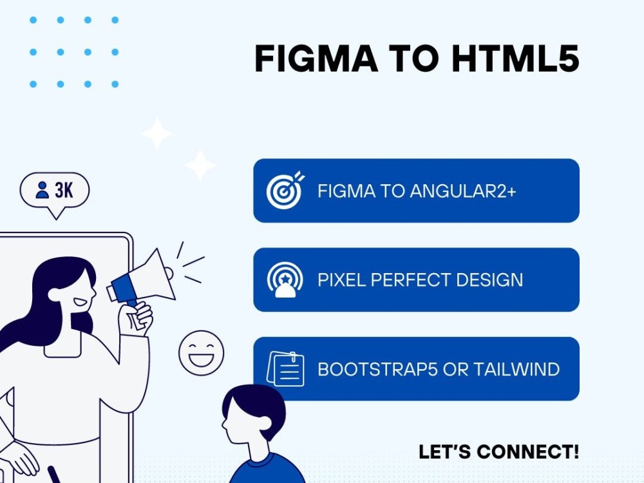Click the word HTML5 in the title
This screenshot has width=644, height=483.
click(515, 58)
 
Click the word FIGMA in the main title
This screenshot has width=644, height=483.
click(316, 58)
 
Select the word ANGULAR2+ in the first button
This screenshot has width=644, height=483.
click(462, 191)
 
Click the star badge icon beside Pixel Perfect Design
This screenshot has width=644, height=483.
click(285, 279)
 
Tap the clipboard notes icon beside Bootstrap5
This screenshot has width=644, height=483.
click(285, 369)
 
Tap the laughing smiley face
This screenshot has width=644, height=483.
click(201, 353)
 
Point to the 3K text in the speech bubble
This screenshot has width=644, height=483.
click(64, 191)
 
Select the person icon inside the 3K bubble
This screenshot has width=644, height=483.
click(42, 190)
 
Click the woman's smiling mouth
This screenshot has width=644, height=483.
click(80, 303)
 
